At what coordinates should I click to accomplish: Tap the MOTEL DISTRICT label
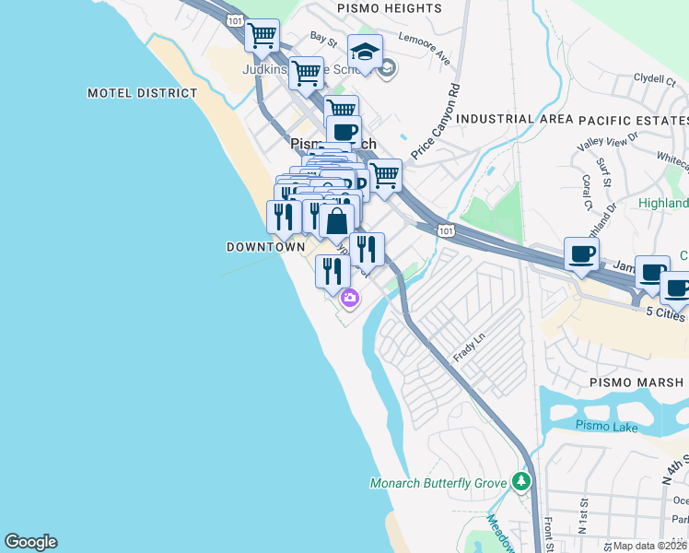pyautogui.click(x=143, y=93)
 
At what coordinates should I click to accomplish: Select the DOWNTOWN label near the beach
pyautogui.click(x=265, y=247)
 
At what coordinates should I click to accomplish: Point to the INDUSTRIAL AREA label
pyautogui.click(x=508, y=119)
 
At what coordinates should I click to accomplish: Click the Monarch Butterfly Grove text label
pyautogui.click(x=439, y=483)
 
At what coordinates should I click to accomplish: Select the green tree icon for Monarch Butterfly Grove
pyautogui.click(x=522, y=481)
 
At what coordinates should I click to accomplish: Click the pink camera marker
pyautogui.click(x=350, y=298)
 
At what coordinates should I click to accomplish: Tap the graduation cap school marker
pyautogui.click(x=365, y=52)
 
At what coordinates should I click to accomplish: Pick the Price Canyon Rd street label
pyautogui.click(x=436, y=124)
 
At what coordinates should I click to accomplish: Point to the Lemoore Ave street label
pyautogui.click(x=425, y=50)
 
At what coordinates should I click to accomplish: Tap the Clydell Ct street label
pyautogui.click(x=655, y=79)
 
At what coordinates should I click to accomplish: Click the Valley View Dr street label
pyautogui.click(x=608, y=142)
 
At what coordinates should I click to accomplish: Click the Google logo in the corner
pyautogui.click(x=30, y=542)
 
